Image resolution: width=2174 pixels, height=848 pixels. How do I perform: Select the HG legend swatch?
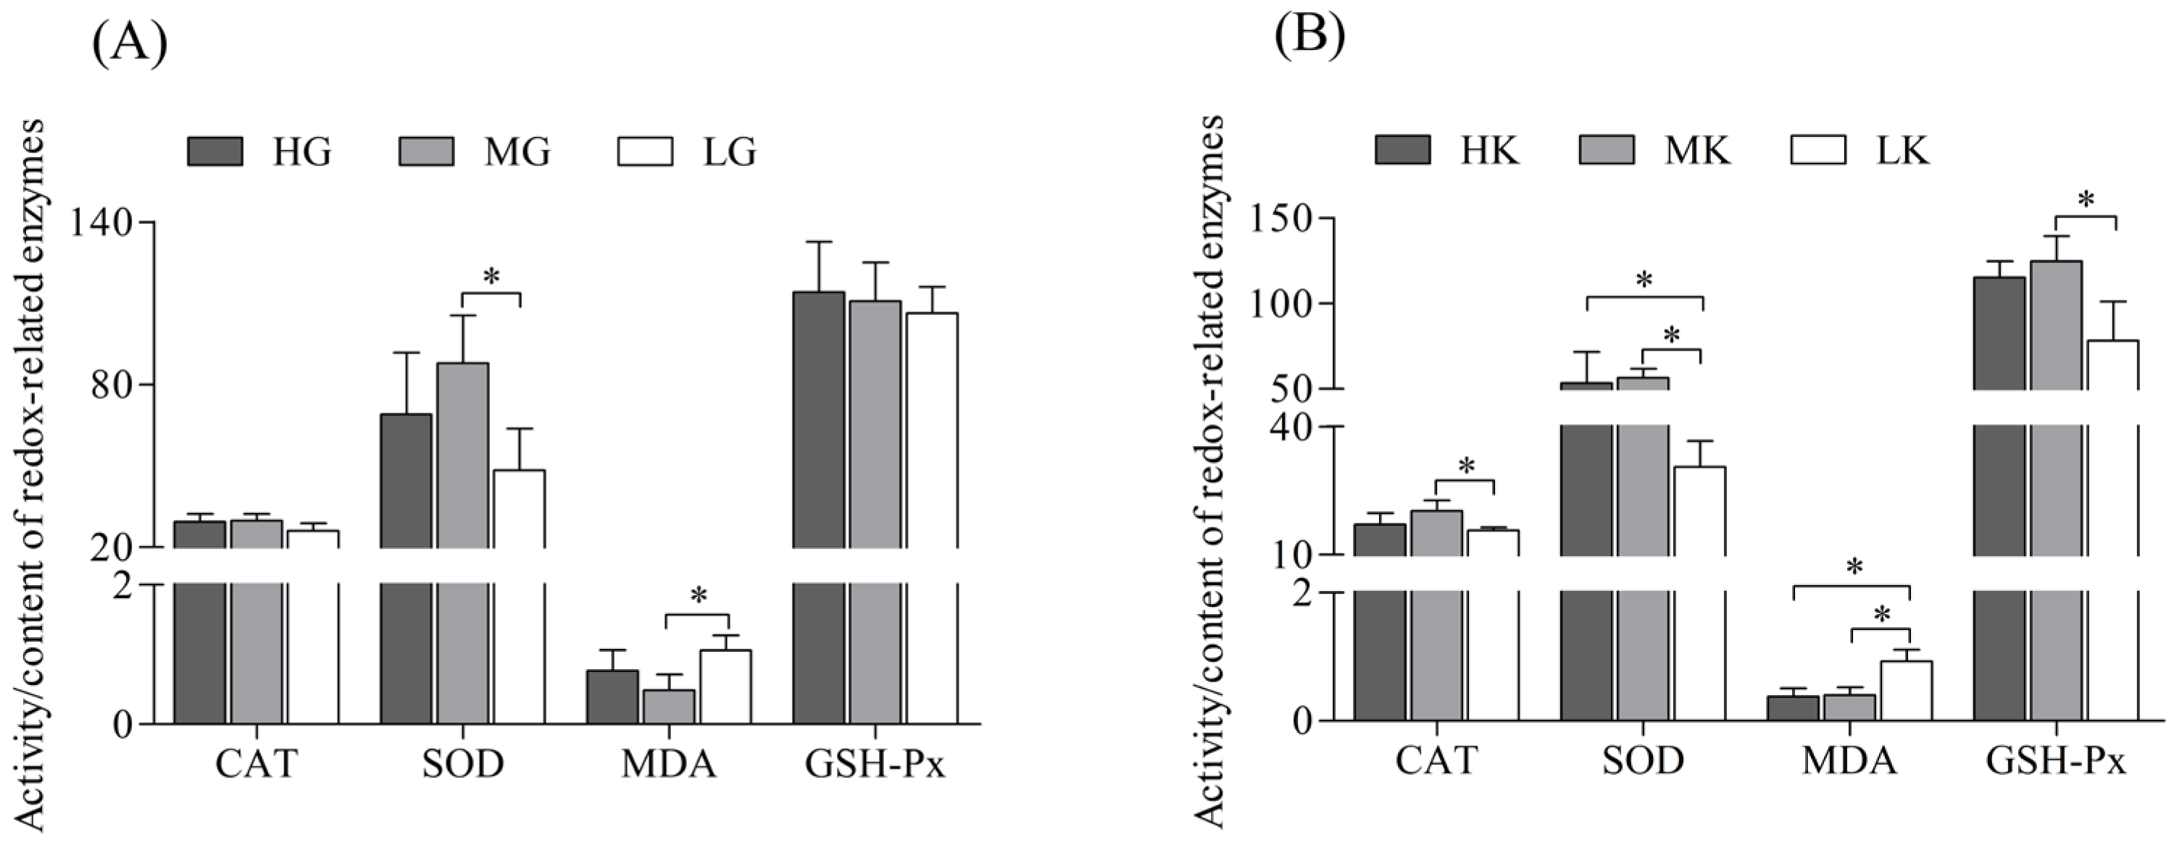(x=215, y=151)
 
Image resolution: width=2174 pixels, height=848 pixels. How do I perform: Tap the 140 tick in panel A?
(x=106, y=223)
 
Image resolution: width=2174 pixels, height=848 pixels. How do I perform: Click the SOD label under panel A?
(x=462, y=763)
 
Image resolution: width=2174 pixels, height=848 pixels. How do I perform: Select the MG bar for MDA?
(x=668, y=706)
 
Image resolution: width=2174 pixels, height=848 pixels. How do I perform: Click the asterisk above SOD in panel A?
(x=491, y=276)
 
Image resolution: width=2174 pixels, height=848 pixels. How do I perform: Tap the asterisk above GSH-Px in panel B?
(x=2086, y=200)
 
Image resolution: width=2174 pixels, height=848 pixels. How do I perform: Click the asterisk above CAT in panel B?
(x=1465, y=465)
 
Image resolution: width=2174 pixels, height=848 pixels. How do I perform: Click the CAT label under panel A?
(x=257, y=763)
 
